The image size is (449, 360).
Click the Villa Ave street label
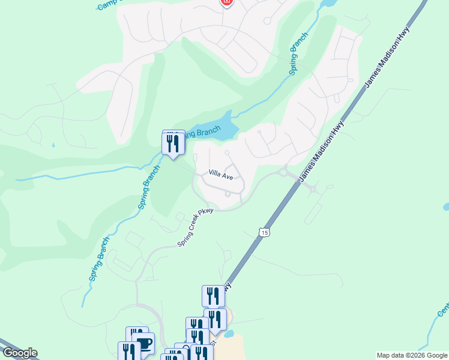click(220, 174)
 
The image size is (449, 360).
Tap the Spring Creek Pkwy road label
click(196, 228)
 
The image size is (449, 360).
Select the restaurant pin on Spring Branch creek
click(173, 143)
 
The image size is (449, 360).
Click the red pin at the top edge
click(226, 2)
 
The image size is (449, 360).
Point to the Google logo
click(19, 353)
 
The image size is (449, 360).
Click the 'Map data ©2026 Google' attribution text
click(412, 355)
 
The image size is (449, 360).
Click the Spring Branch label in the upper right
click(299, 53)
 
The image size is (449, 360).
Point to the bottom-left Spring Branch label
click(100, 259)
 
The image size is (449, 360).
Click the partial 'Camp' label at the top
click(109, 5)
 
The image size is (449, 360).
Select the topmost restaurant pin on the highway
click(213, 296)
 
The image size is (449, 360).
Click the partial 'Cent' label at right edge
click(443, 309)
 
